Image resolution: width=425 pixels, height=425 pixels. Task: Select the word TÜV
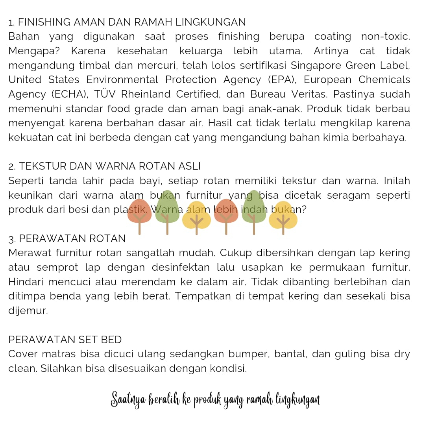tap(105, 94)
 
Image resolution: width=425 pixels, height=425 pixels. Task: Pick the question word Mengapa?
tap(34, 51)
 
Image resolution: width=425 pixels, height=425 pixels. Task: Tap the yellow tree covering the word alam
tap(196, 216)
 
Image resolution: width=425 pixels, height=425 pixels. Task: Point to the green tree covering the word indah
tap(253, 209)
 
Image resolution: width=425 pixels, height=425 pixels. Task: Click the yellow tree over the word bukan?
tap(283, 216)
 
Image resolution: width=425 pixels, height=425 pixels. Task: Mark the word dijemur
tap(28, 311)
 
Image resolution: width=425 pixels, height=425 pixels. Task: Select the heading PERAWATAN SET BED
tap(65, 340)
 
